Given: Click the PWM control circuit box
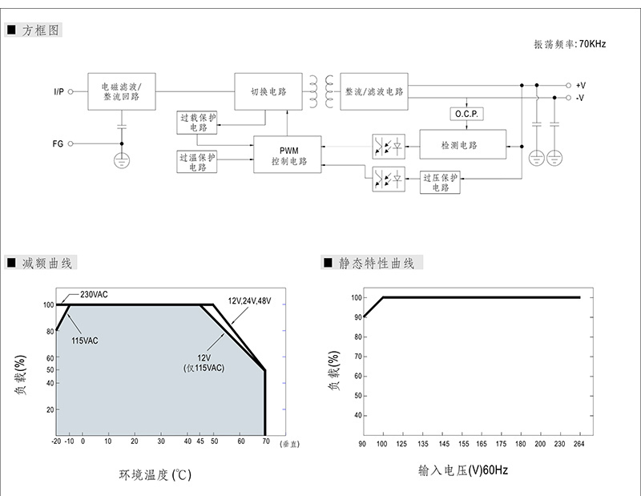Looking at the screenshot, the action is [288, 155].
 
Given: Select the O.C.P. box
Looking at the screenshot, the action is [466, 114].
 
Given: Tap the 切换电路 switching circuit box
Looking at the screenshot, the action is [268, 91].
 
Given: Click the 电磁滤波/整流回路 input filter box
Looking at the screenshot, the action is [122, 91].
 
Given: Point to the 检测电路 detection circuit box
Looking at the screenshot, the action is [463, 144].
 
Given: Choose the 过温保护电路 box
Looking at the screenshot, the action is [196, 162].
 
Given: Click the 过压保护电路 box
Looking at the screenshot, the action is [440, 183].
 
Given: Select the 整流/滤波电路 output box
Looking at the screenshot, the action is [374, 91].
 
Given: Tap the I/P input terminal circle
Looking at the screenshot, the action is [71, 91].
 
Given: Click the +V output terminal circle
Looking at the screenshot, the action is [568, 86].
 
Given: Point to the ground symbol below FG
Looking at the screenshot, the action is [122, 160].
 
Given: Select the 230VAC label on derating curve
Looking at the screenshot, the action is [94, 294].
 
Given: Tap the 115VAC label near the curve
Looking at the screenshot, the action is [85, 341].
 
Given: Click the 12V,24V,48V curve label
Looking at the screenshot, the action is [249, 301].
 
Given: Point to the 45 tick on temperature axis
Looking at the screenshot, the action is [200, 442].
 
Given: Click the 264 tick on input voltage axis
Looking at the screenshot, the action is [579, 444].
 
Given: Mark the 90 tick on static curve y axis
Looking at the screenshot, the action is [358, 317].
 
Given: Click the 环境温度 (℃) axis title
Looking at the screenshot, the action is [155, 474].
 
